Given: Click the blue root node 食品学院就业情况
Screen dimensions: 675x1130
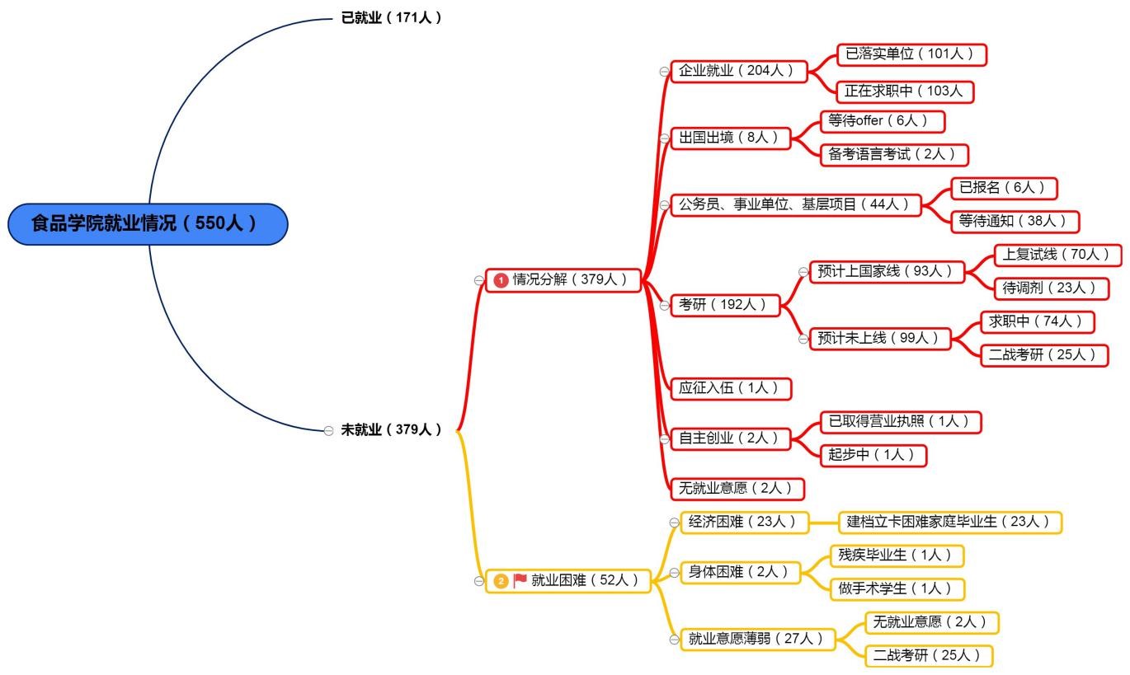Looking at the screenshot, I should tap(148, 224).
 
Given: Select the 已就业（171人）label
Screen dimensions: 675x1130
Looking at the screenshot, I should tap(392, 17).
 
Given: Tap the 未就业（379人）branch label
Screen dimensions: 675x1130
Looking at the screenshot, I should tap(392, 429).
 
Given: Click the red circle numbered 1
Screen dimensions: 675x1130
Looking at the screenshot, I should tap(500, 280).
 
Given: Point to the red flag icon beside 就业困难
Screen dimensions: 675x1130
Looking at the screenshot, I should tap(520, 580).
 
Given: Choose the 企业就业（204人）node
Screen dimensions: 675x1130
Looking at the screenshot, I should tap(737, 71).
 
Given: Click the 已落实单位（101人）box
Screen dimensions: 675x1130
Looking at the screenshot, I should tap(911, 54).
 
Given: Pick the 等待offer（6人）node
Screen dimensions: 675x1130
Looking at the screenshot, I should tap(883, 121).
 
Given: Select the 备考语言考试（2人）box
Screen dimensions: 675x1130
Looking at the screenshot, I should tap(894, 154).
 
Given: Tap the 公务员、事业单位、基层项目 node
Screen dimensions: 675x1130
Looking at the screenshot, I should tap(795, 204).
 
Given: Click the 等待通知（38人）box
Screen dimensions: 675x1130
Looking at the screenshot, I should tap(1015, 221).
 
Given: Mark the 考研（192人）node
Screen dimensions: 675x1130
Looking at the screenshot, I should tap(724, 305).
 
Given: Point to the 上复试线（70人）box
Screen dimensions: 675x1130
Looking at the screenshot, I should tap(1057, 255).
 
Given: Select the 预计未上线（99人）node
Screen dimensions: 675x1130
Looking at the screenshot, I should tap(878, 338).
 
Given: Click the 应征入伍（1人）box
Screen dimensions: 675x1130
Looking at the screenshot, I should tap(731, 388).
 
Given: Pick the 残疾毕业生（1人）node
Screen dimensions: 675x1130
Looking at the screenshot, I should tap(896, 555).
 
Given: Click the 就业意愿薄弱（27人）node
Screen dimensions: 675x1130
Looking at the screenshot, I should tap(757, 639).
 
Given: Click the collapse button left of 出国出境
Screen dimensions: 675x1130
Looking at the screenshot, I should tap(664, 138).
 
